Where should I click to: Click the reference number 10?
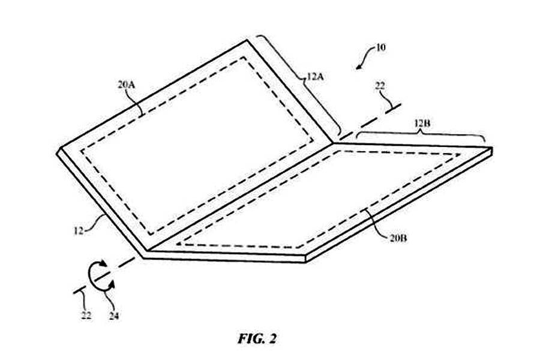coord(380,47)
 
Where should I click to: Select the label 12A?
coord(315,77)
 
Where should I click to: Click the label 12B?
coord(422,124)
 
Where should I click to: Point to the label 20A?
coord(126,85)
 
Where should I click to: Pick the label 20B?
coord(398,238)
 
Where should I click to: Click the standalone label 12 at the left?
coord(79,230)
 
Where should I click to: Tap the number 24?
coord(114,316)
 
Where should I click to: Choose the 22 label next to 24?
coord(86,315)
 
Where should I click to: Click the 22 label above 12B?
coord(380,86)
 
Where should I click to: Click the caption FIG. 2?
coord(257,338)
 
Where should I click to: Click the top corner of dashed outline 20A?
coord(245,57)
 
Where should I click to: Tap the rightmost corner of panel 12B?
coord(493,148)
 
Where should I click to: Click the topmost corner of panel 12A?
coord(247,40)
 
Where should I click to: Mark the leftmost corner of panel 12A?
coord(57,152)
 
